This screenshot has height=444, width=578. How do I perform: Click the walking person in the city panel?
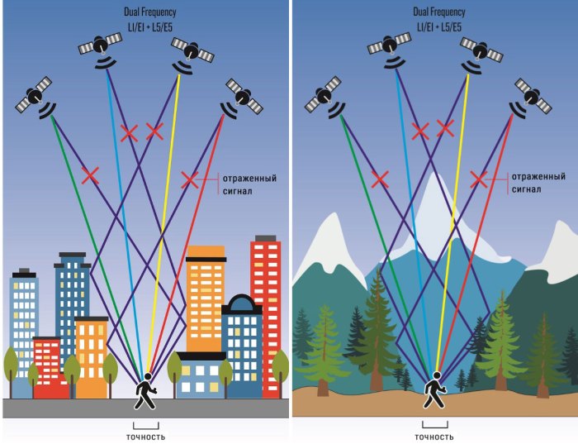[x=145, y=391]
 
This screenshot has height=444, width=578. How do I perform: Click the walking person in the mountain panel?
[x=434, y=390]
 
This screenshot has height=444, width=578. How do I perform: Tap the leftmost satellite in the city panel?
[x=35, y=97]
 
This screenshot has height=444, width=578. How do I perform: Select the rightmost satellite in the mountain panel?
[x=532, y=98]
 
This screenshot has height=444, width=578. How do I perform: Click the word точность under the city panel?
[x=145, y=437]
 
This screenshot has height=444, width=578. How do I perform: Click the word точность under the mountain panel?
[x=434, y=437]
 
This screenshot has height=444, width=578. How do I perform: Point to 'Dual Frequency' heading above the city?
[x=150, y=12]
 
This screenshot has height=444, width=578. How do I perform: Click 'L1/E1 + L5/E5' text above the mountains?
[x=439, y=27]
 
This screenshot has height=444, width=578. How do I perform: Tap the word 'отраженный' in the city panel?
[x=249, y=179]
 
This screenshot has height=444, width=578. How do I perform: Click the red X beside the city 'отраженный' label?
[x=189, y=179]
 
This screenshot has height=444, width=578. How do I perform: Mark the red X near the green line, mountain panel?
[x=380, y=179]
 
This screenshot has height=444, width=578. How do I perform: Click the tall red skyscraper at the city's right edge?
[x=265, y=317]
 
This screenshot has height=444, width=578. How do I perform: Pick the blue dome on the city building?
[x=241, y=303]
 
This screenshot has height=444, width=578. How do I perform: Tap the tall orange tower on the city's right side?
[x=206, y=298]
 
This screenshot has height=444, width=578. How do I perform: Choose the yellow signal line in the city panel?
[x=163, y=222]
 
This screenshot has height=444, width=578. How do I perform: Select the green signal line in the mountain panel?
[x=385, y=244]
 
